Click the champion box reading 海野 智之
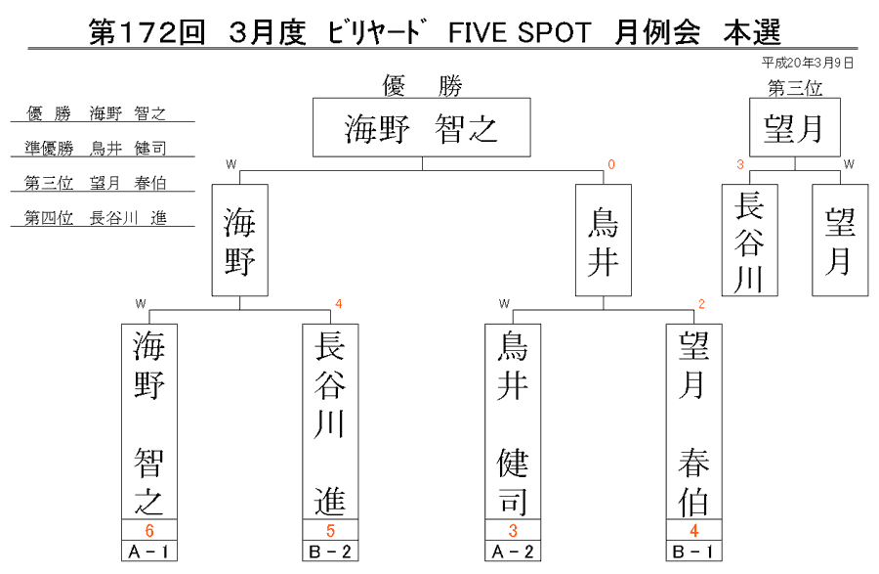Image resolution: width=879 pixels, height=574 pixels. pyautogui.click(x=422, y=127)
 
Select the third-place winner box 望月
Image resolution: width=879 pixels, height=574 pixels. pyautogui.click(x=795, y=127)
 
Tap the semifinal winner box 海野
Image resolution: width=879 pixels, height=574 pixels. pyautogui.click(x=240, y=241)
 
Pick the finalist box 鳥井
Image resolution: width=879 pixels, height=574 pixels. pyautogui.click(x=604, y=241)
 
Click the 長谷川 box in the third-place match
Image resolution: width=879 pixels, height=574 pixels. pyautogui.click(x=749, y=241)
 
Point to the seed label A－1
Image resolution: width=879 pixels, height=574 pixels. pyautogui.click(x=149, y=552)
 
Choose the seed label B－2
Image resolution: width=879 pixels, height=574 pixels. pyautogui.click(x=330, y=552)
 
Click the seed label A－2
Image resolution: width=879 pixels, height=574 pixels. pyautogui.click(x=513, y=552)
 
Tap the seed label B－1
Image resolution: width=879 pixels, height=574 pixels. pyautogui.click(x=693, y=552)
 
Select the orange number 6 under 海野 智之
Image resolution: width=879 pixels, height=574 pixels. pyautogui.click(x=149, y=530)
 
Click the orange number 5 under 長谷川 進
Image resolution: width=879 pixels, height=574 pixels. pyautogui.click(x=330, y=530)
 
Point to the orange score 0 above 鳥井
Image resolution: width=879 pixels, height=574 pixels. pyautogui.click(x=611, y=164)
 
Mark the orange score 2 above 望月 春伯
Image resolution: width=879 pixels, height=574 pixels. pyautogui.click(x=701, y=304)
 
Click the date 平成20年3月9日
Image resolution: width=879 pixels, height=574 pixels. pyautogui.click(x=808, y=63)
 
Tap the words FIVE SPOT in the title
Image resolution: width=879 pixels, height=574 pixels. pyautogui.click(x=520, y=32)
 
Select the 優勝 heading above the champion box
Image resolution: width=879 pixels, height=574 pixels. pyautogui.click(x=422, y=86)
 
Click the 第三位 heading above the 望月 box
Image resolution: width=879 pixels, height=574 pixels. pyautogui.click(x=795, y=88)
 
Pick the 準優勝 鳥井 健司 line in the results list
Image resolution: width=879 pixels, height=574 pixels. pyautogui.click(x=96, y=149)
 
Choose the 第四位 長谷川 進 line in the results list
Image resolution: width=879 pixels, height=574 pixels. pyautogui.click(x=96, y=218)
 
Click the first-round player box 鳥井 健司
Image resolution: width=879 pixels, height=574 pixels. pyautogui.click(x=513, y=421)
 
